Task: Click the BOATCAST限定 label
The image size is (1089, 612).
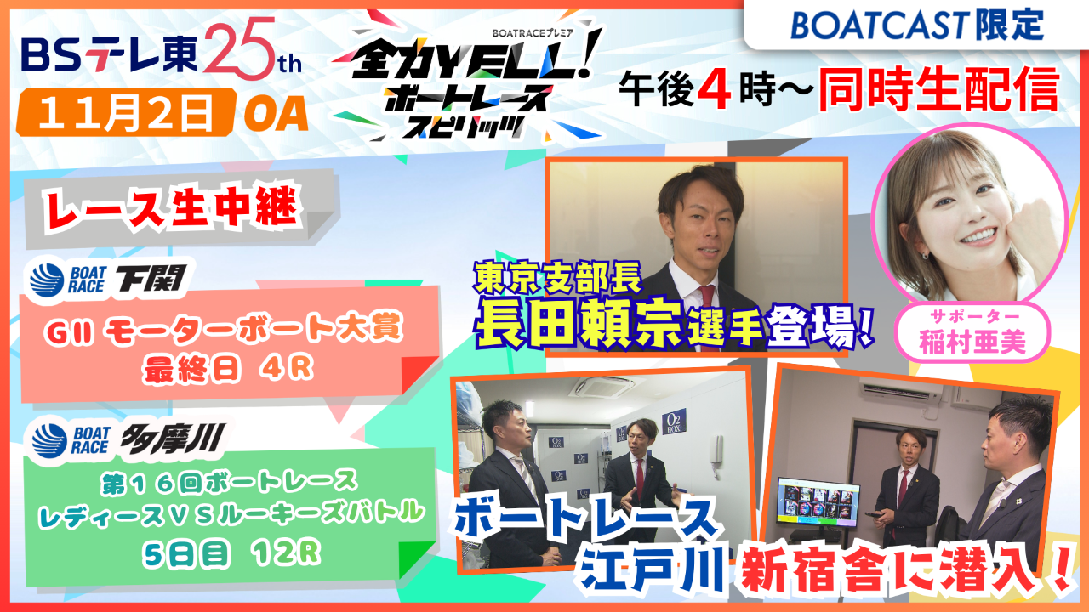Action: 917,25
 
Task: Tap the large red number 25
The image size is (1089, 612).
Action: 241,48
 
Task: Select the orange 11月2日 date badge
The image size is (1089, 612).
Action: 125,114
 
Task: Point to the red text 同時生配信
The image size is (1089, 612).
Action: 939,90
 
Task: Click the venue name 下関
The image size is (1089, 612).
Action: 151,279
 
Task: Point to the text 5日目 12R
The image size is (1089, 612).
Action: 231,553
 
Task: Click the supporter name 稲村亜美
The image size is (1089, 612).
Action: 972,342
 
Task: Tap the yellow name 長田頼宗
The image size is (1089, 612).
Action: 579,322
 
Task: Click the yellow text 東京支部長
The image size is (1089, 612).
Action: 559,279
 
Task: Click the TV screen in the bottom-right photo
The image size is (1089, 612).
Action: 818,502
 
